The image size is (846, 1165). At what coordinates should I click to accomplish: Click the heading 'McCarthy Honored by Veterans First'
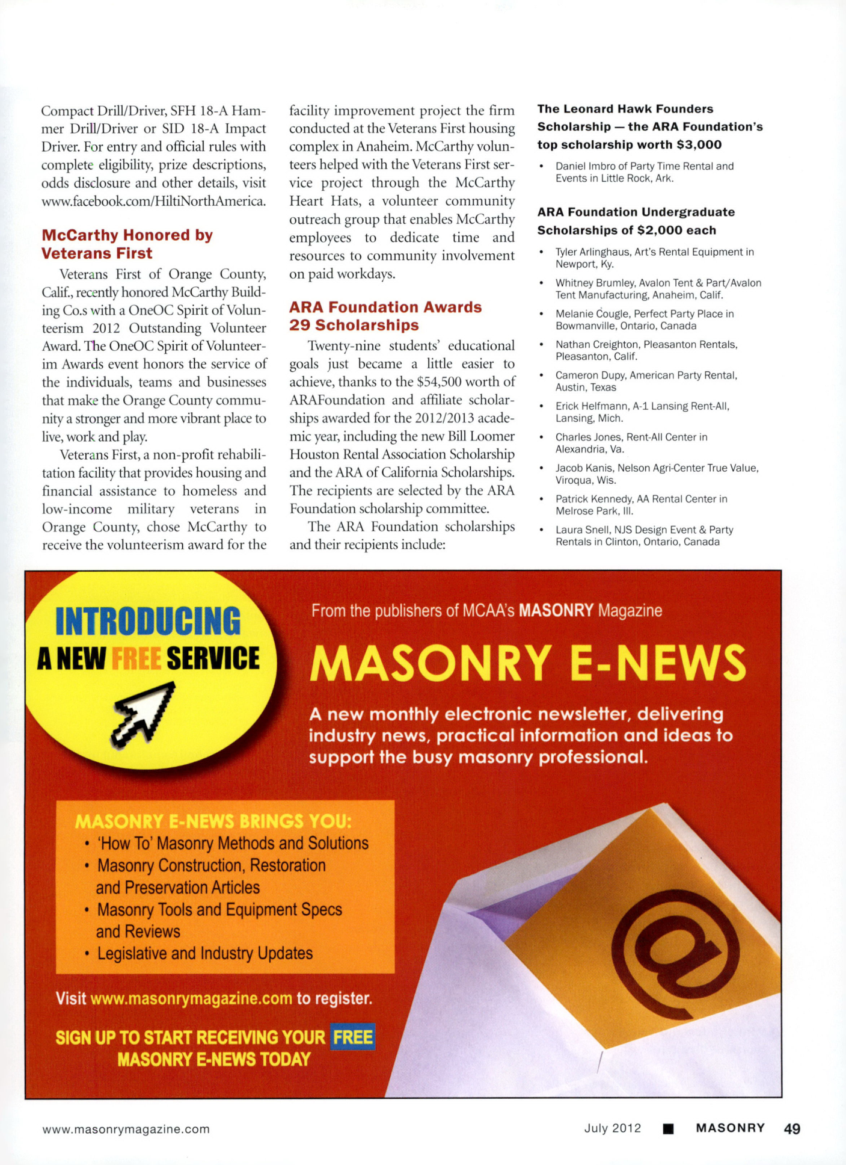coord(127,244)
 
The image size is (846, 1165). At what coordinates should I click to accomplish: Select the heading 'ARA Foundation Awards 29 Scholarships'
coord(385,316)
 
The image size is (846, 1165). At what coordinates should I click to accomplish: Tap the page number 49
coord(792,1129)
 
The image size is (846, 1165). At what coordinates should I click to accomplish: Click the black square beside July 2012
coord(668,1129)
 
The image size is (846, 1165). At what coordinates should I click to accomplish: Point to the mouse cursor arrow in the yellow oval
coord(143,714)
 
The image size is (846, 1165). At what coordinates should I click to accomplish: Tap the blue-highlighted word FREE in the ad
coord(353,1037)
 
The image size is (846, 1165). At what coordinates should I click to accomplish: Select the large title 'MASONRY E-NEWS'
coord(528,663)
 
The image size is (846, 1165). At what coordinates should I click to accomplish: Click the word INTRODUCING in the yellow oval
coord(148,622)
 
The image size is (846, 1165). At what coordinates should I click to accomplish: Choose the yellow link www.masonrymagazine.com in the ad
coord(191,999)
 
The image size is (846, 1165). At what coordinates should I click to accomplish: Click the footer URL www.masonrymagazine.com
coord(126,1129)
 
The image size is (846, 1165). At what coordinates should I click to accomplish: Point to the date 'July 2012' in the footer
coord(613,1128)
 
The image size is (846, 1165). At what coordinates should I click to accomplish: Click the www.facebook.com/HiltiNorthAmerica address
coord(153,201)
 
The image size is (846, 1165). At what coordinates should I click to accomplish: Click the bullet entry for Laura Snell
coord(643,536)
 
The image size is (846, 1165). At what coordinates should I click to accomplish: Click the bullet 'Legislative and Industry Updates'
coord(204,954)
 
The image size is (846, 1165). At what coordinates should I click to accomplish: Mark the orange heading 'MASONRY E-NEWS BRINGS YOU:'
coord(213,821)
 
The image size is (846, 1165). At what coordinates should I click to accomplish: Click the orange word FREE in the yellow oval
coord(136,659)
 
